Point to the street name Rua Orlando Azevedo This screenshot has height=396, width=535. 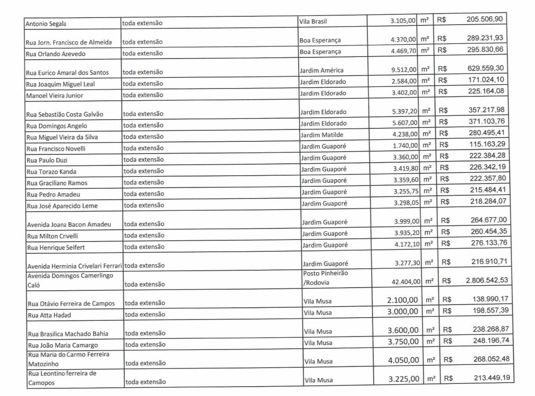[x=56, y=53]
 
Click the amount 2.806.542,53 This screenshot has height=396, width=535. [x=487, y=281]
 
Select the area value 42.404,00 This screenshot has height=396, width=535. [x=406, y=281]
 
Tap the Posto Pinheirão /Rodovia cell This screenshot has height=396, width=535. [x=325, y=278]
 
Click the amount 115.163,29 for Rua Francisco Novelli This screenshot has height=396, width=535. [x=487, y=144]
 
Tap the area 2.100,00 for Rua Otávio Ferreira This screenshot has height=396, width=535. [x=403, y=300]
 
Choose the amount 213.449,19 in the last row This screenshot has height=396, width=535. [x=491, y=377]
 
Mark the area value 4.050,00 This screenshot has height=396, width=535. [x=403, y=360]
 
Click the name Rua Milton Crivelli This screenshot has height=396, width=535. [x=52, y=236]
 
